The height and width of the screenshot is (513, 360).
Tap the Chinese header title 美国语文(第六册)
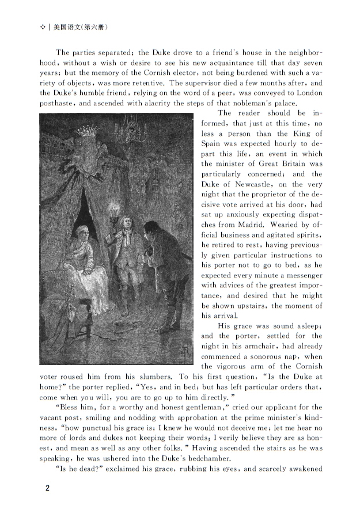coord(81,27)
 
